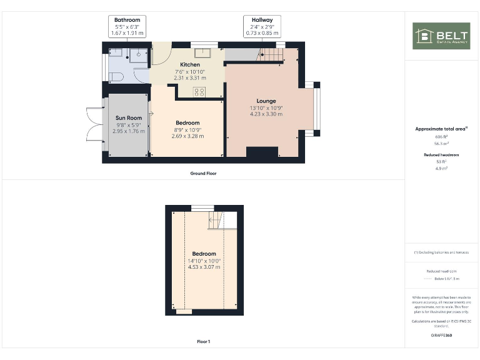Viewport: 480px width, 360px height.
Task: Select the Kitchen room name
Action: pyautogui.click(x=190, y=64)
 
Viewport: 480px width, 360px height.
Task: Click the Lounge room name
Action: pyautogui.click(x=266, y=101)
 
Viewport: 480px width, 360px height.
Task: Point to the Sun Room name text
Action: pyautogui.click(x=128, y=117)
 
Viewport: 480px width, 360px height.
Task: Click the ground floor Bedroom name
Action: pyautogui.click(x=187, y=122)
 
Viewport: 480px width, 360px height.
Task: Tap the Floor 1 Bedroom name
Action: pyautogui.click(x=204, y=253)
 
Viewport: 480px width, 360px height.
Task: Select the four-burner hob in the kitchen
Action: pyautogui.click(x=200, y=92)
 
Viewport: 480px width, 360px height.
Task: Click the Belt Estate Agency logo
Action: pyautogui.click(x=441, y=36)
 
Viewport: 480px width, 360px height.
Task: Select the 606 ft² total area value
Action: pyautogui.click(x=441, y=136)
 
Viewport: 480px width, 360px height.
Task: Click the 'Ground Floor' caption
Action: pyautogui.click(x=204, y=173)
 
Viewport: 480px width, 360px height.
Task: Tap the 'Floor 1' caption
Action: pyautogui.click(x=203, y=342)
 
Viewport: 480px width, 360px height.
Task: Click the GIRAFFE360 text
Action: pyautogui.click(x=441, y=336)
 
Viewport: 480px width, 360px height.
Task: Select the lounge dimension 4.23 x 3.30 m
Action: pyautogui.click(x=266, y=114)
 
